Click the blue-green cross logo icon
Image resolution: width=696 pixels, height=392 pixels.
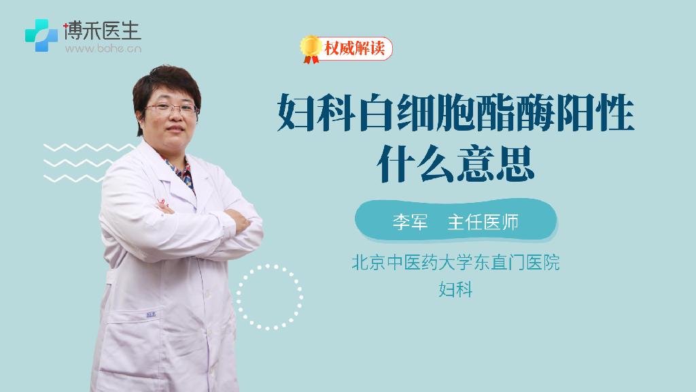click(41, 35)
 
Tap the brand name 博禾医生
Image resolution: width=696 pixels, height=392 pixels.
click(103, 31)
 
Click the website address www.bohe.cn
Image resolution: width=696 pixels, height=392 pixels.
click(103, 48)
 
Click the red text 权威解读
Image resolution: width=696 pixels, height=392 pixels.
click(355, 48)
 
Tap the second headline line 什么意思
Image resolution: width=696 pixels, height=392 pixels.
click(455, 163)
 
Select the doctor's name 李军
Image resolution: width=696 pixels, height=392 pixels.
click(410, 221)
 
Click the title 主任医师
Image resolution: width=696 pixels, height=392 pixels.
click(483, 221)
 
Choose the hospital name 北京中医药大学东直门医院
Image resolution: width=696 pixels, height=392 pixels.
click(455, 262)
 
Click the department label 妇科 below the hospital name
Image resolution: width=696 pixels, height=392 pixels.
click(455, 289)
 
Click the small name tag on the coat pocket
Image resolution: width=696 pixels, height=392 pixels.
click(151, 314)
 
